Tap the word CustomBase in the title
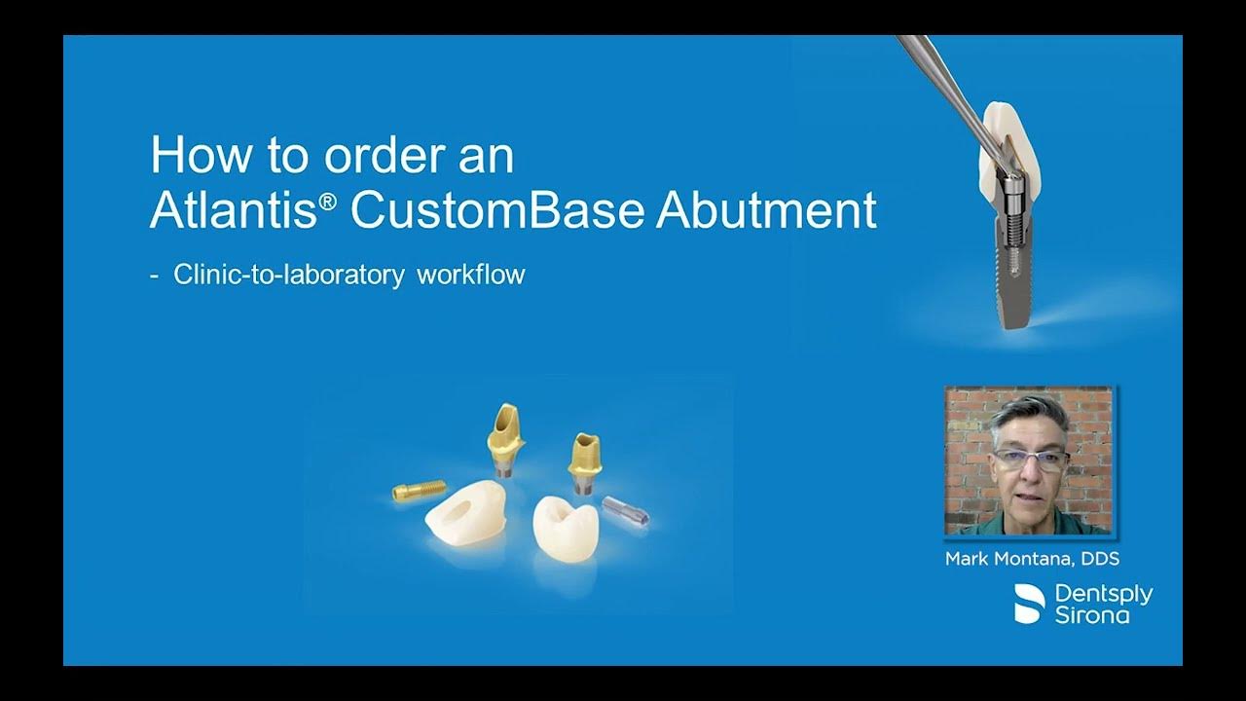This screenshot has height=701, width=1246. [x=496, y=211]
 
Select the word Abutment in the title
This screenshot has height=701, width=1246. [x=766, y=211]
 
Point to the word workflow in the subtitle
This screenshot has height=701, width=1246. [x=471, y=275]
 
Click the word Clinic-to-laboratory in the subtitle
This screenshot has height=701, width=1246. [x=288, y=275]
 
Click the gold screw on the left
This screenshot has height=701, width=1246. [x=419, y=490]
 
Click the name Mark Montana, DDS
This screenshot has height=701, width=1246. [x=1032, y=560]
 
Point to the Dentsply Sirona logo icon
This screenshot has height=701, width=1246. [x=1029, y=604]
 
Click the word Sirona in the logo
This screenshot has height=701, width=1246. [x=1092, y=614]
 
